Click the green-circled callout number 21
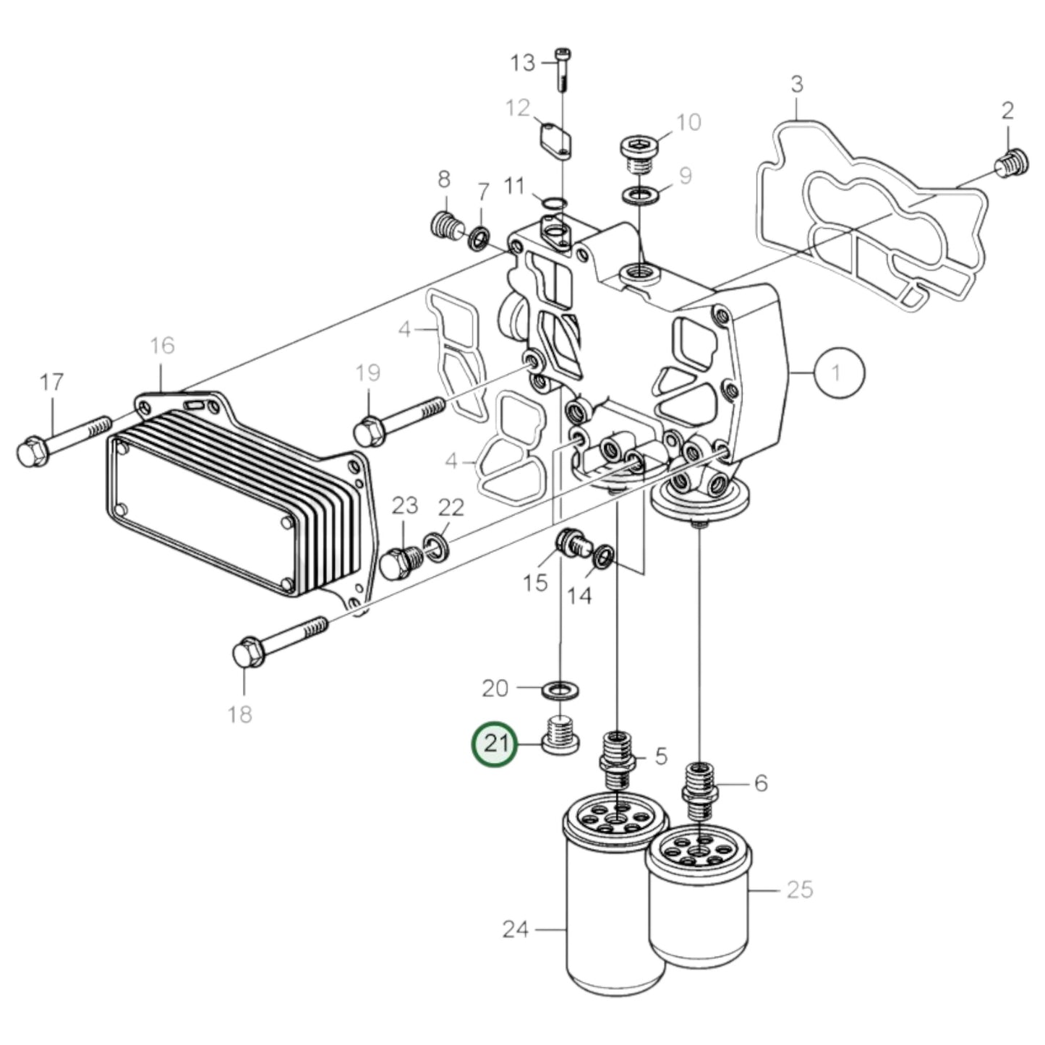click(x=495, y=744)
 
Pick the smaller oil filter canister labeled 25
click(x=700, y=904)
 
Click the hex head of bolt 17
click(x=30, y=453)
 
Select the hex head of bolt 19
click(x=368, y=432)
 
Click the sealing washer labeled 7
click(x=479, y=236)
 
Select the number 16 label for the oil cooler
click(x=163, y=345)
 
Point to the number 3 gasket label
click(x=796, y=85)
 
